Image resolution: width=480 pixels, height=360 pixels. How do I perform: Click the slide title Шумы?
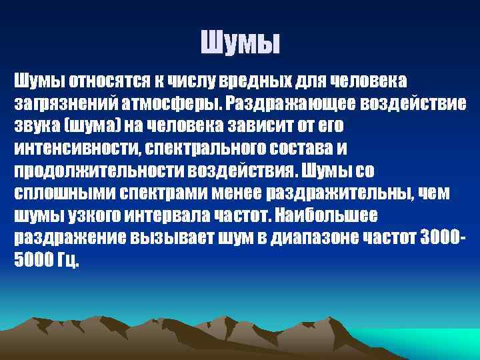[241, 45]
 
